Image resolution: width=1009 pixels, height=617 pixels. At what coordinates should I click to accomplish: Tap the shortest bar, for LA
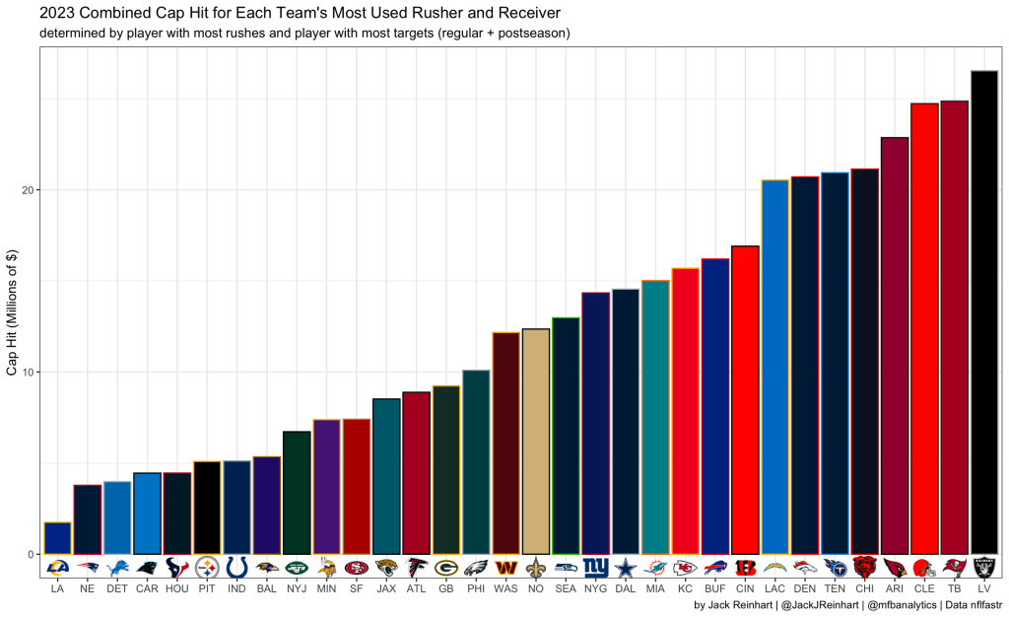point(57,538)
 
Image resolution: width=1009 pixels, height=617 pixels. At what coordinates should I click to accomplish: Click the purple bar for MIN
point(326,487)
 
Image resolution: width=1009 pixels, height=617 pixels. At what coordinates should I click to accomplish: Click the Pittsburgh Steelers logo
point(207,568)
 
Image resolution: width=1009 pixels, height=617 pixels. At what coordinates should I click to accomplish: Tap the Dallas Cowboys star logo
point(626,568)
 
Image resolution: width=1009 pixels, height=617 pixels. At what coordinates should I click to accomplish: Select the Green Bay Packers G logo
point(445,568)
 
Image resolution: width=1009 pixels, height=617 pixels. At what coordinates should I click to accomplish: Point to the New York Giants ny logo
point(595,568)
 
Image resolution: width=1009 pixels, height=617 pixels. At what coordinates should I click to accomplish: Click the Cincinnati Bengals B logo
point(745,568)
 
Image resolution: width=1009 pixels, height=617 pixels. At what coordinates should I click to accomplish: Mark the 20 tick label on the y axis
point(30,190)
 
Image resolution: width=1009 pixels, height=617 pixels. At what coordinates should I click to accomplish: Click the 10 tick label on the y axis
point(30,373)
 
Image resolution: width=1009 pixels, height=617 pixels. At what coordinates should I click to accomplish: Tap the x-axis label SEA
point(566,588)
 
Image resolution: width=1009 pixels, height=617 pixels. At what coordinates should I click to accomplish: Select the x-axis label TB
point(954,588)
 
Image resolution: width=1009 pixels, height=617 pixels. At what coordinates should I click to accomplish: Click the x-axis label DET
point(117,588)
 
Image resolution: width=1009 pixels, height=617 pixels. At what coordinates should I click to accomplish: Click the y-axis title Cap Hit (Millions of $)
point(13,310)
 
